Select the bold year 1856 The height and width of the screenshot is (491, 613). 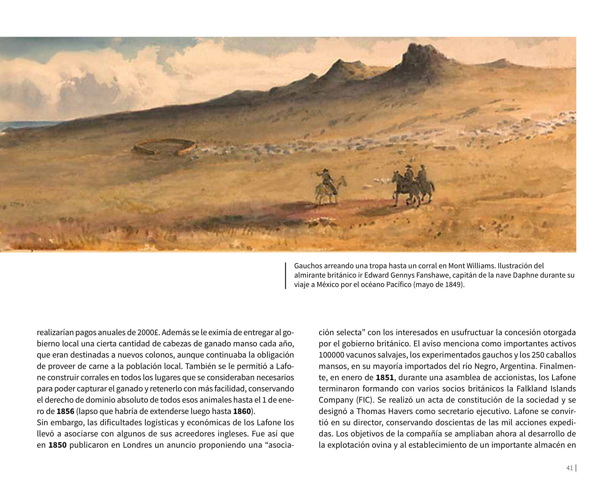tap(65, 411)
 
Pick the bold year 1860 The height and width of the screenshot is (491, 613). tap(242, 411)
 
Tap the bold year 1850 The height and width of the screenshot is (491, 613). tap(58, 445)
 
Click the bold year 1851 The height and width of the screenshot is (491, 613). tap(385, 378)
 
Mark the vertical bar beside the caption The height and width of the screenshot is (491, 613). tap(285, 276)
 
